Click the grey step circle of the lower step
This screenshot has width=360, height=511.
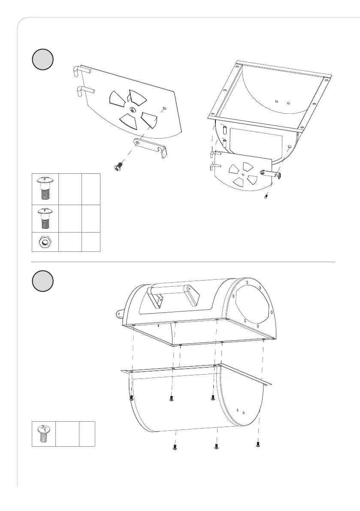[x=43, y=282]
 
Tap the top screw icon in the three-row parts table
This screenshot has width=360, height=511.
[x=44, y=188]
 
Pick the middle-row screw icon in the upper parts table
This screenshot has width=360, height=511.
[x=44, y=219]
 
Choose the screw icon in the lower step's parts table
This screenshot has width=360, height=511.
[x=43, y=434]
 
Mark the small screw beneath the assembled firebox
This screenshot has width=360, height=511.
[x=266, y=197]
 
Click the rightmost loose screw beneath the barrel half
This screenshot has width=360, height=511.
[x=258, y=444]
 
